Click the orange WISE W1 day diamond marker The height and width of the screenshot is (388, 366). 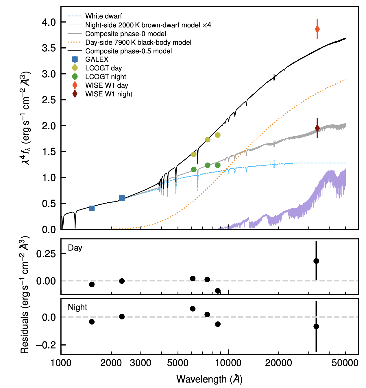click(317, 29)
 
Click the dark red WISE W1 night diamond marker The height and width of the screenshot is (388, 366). click(317, 128)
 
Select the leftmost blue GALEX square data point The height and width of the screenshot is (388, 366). click(92, 208)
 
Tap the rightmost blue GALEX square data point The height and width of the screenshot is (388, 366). click(122, 198)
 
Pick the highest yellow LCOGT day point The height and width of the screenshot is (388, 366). click(218, 135)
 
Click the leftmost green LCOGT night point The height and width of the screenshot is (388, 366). click(194, 169)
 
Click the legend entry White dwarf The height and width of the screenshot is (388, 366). click(103, 16)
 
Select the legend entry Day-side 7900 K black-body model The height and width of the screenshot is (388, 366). click(138, 42)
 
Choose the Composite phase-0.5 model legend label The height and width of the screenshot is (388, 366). click(128, 51)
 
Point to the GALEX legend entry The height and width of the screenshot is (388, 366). click(97, 59)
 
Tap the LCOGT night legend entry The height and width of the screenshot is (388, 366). click(106, 77)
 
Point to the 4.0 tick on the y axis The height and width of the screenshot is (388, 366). click(49, 22)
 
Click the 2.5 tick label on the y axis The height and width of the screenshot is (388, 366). click(49, 100)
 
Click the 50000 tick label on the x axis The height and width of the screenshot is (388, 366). click(345, 363)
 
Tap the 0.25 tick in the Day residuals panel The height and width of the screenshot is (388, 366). click(46, 254)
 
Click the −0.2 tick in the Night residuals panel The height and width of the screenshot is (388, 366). click(46, 345)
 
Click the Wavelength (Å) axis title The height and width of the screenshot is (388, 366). click(209, 379)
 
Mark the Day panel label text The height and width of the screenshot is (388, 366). click(75, 248)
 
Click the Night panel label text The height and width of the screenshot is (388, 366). click(77, 307)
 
